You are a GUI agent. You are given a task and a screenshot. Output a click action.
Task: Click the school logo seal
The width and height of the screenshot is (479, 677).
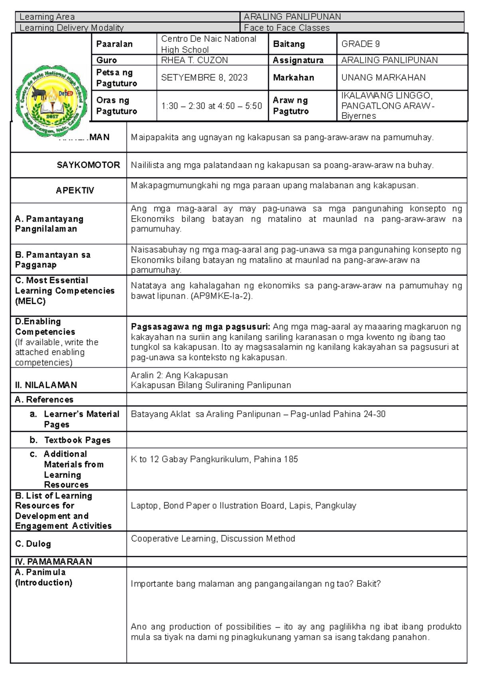(51, 101)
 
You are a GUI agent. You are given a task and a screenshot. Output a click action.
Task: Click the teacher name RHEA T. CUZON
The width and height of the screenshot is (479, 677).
(194, 60)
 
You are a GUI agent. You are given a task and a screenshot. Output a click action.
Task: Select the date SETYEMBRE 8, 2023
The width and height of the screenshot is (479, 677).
(204, 78)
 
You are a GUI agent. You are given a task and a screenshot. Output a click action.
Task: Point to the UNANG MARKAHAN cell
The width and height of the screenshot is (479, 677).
(383, 78)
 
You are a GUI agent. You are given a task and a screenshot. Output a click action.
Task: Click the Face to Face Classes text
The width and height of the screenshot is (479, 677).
(287, 28)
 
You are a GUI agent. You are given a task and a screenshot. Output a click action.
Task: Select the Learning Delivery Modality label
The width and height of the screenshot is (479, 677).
(71, 28)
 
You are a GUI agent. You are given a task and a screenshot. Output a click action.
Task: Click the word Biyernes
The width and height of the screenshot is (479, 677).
(358, 116)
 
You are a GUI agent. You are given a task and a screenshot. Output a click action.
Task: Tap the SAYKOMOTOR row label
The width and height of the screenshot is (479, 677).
(88, 165)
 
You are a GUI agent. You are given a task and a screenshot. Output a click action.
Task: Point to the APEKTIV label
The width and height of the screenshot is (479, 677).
(75, 191)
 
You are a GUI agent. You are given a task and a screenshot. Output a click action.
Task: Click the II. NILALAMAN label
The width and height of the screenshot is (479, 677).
(46, 385)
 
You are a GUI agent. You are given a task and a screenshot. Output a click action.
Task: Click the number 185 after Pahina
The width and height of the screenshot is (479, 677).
(291, 459)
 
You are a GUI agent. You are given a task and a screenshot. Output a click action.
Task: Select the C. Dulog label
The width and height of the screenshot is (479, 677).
(33, 544)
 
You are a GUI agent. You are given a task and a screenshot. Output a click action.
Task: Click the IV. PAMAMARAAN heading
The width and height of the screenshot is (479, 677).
(53, 562)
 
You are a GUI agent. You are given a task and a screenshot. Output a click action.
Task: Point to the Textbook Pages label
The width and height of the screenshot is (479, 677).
(77, 440)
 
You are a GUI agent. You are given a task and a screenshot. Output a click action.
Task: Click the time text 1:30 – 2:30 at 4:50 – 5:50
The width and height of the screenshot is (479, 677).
(211, 106)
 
